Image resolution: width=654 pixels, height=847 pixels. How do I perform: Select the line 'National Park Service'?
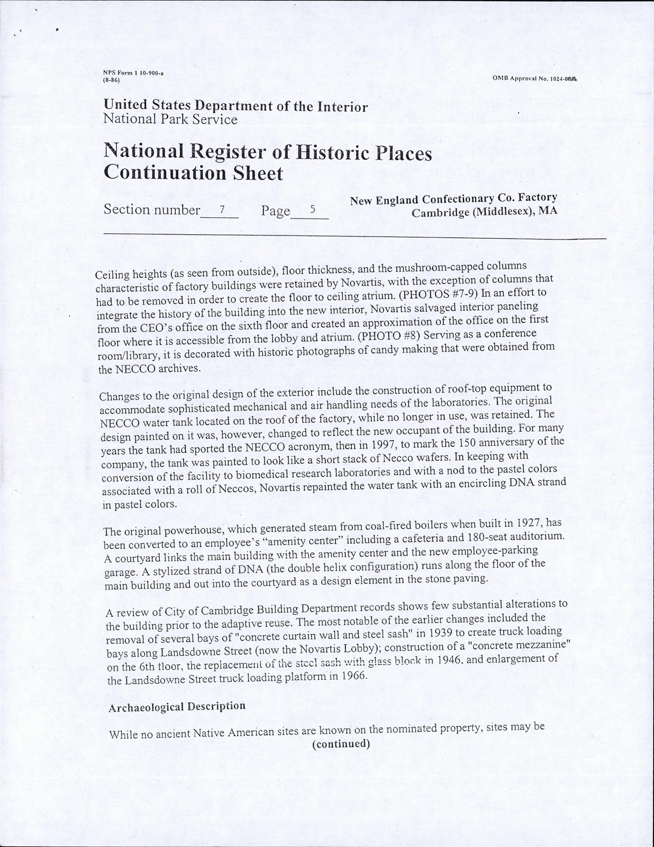pos(170,120)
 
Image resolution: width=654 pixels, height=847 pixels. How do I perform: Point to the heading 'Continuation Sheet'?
pos(193,173)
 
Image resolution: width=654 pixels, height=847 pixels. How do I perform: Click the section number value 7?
pos(222,209)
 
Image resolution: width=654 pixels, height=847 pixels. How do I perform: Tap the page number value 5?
pos(312,209)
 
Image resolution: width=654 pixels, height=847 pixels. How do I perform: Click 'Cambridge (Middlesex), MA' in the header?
pos(484,213)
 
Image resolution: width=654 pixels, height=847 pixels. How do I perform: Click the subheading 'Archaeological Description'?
pos(177,706)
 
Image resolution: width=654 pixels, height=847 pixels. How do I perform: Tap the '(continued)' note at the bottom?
pos(341,744)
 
